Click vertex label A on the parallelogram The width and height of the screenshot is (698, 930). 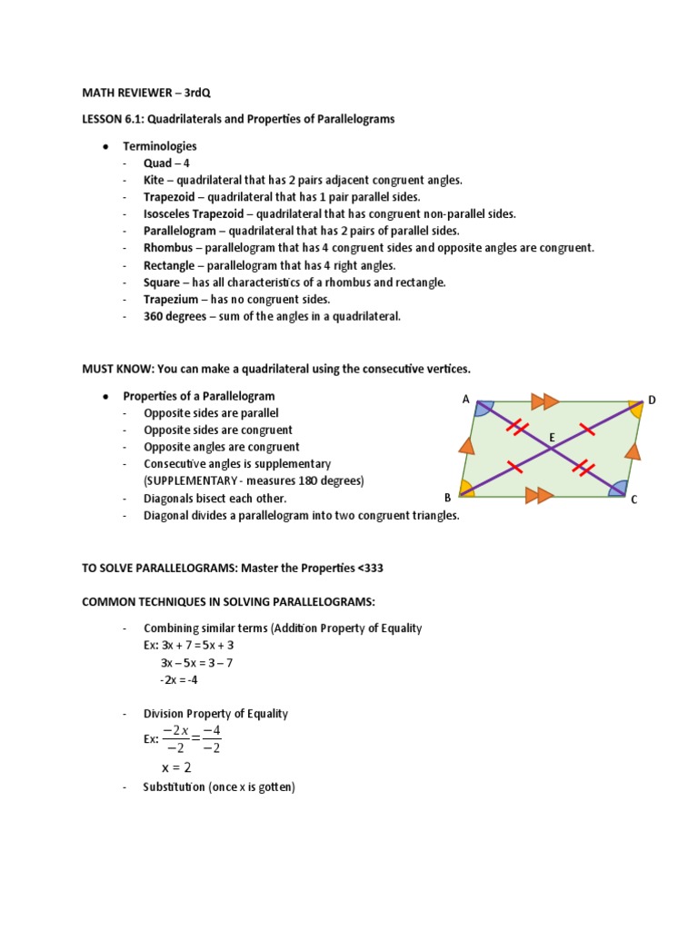tap(465, 399)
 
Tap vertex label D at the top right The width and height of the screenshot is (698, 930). tap(651, 400)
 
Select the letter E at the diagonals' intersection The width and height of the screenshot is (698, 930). tap(551, 439)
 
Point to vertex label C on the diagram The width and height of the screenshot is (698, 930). tap(634, 499)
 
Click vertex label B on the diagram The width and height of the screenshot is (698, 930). tap(447, 497)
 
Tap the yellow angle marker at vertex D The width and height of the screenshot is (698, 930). tap(634, 410)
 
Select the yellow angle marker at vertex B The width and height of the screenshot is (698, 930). tap(467, 488)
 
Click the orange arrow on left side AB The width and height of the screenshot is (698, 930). tap(467, 445)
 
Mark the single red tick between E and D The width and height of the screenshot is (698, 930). tap(587, 430)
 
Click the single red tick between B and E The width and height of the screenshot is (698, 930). tap(514, 467)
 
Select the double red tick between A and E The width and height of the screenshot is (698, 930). tap(516, 426)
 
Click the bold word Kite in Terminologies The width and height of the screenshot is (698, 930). tap(155, 180)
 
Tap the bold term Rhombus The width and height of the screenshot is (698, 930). tap(168, 248)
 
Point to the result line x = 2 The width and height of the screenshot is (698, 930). tap(176, 767)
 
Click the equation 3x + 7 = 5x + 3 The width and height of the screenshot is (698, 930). tap(197, 645)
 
